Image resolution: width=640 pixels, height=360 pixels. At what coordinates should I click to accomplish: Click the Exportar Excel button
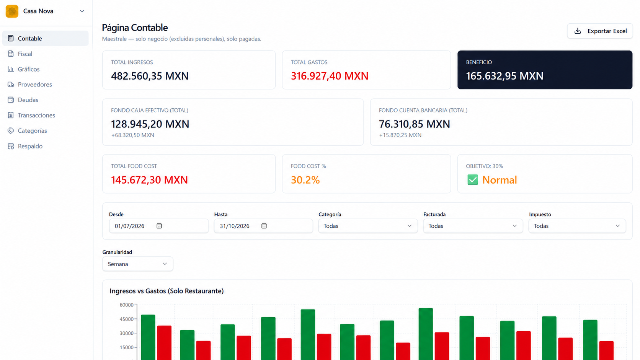(600, 31)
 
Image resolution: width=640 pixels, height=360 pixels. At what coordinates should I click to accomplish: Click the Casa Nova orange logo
(12, 11)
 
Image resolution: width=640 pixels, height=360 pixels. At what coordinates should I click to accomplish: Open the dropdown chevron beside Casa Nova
(82, 11)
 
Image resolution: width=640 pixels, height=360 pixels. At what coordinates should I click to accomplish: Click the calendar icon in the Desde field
(159, 226)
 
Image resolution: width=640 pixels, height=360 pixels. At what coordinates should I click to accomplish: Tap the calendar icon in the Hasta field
(264, 226)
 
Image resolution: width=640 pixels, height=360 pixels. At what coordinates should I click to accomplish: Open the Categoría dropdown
(368, 226)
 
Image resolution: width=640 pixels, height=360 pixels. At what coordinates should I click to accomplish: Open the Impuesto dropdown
(577, 226)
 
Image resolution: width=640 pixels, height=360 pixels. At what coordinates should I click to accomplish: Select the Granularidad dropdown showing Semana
(138, 264)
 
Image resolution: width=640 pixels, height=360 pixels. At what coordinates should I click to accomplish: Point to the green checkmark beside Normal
(473, 180)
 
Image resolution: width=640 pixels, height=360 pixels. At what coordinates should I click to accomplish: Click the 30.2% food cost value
(305, 180)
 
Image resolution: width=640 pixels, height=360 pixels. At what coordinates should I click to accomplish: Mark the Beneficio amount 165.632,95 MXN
(504, 76)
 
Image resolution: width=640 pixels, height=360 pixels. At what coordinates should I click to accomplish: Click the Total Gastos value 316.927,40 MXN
(330, 76)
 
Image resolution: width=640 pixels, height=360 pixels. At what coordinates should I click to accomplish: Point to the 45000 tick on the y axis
(127, 319)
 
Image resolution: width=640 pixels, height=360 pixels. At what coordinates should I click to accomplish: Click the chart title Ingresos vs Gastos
(167, 291)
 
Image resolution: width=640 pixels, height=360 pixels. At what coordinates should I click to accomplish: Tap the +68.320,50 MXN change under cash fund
(132, 135)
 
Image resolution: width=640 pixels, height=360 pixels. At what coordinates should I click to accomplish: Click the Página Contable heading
(135, 28)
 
